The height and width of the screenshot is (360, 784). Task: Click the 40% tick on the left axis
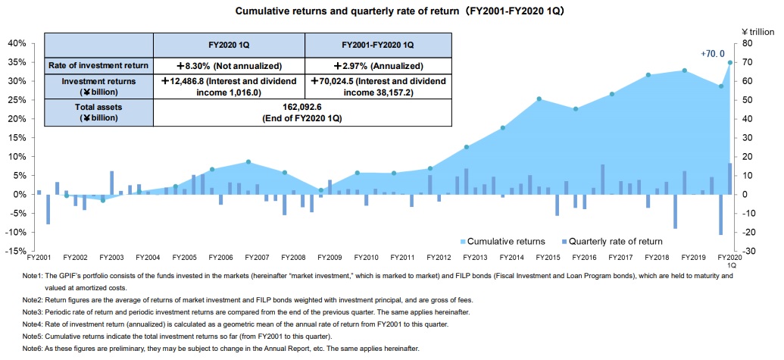16,43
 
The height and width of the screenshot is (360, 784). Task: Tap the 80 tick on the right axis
749,43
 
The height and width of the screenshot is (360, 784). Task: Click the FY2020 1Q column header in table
229,45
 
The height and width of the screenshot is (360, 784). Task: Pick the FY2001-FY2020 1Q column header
378,45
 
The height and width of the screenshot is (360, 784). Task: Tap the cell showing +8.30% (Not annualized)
229,66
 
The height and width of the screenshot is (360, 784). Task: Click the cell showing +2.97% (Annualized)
378,66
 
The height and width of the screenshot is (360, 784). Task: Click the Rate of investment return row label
99,66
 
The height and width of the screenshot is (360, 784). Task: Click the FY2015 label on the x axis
536,258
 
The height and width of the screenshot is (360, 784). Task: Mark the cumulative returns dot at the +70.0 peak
730,62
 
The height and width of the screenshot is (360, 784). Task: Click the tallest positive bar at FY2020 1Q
730,178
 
